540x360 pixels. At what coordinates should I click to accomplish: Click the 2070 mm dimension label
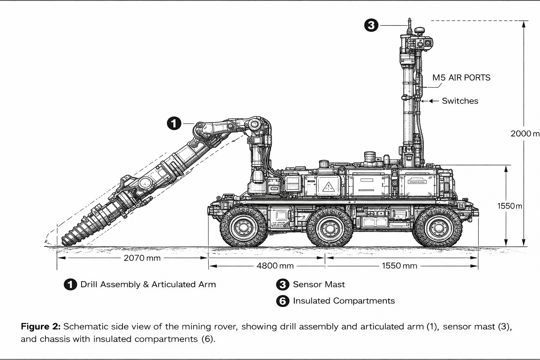(142, 258)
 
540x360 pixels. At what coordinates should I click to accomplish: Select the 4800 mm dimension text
(275, 266)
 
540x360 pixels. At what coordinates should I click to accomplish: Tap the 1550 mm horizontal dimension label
(399, 266)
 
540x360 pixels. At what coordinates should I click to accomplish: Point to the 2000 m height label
(525, 134)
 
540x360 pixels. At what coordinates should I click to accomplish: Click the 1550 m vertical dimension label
(509, 206)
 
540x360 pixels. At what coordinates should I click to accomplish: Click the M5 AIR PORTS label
(461, 78)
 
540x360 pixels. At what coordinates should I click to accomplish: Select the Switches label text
(460, 101)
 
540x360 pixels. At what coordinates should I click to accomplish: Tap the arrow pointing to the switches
(429, 101)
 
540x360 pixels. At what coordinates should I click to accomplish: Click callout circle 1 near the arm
(174, 123)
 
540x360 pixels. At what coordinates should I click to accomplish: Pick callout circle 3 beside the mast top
(371, 25)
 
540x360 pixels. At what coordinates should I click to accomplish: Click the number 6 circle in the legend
(283, 301)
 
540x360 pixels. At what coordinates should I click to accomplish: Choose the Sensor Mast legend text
(319, 284)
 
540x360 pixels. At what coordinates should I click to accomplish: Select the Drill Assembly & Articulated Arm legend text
(148, 284)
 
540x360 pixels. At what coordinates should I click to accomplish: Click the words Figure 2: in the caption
(41, 327)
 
